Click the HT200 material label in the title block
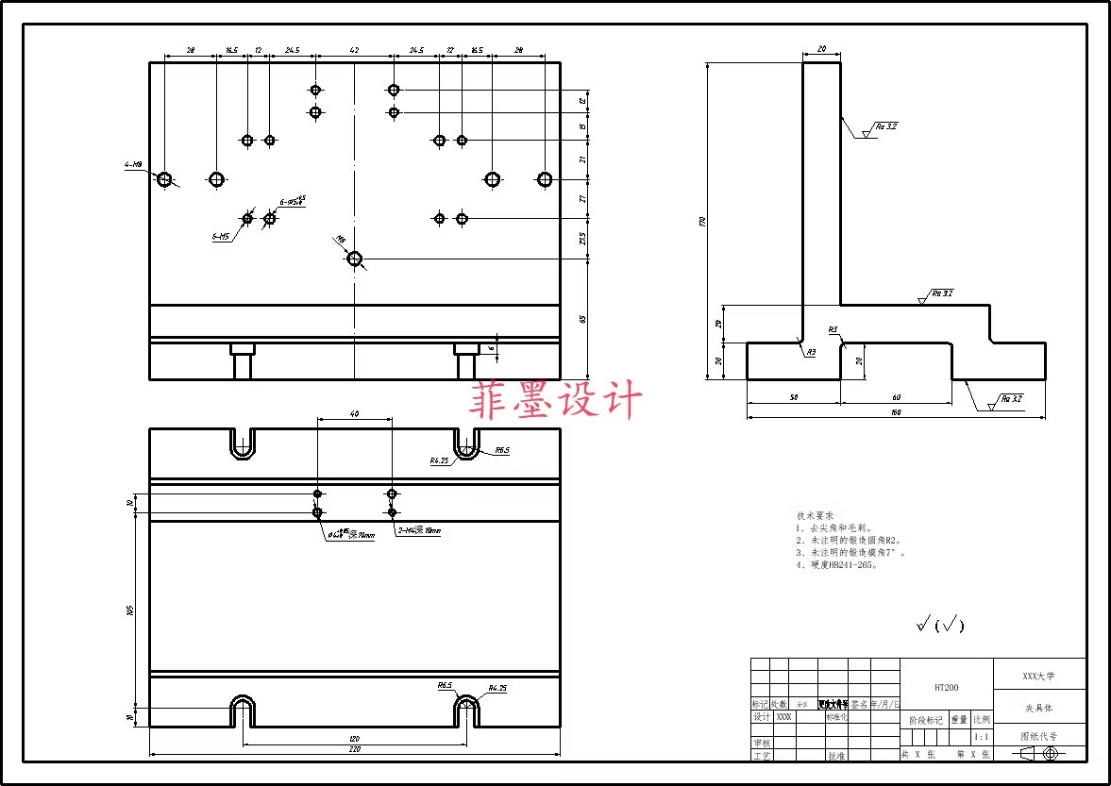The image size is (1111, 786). pyautogui.click(x=946, y=688)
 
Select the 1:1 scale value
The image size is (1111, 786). pyautogui.click(x=981, y=737)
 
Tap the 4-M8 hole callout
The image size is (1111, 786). pyautogui.click(x=133, y=165)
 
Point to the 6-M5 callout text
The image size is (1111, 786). pyautogui.click(x=220, y=237)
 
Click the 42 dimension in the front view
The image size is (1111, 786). pyautogui.click(x=354, y=50)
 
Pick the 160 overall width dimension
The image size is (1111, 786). pyautogui.click(x=895, y=412)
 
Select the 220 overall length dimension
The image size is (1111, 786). pyautogui.click(x=354, y=749)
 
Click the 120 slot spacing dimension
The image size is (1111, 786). pyautogui.click(x=354, y=738)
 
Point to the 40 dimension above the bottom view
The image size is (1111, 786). pyautogui.click(x=354, y=414)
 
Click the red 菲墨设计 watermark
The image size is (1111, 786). pyautogui.click(x=556, y=400)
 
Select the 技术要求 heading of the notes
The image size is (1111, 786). pyautogui.click(x=816, y=516)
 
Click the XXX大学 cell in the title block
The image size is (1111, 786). pyautogui.click(x=1039, y=677)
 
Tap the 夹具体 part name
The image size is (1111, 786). pyautogui.click(x=1038, y=707)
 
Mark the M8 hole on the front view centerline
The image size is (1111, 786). pyautogui.click(x=355, y=259)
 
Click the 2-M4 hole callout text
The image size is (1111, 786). pyautogui.click(x=418, y=531)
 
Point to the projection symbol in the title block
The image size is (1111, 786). pyautogui.click(x=1039, y=754)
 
